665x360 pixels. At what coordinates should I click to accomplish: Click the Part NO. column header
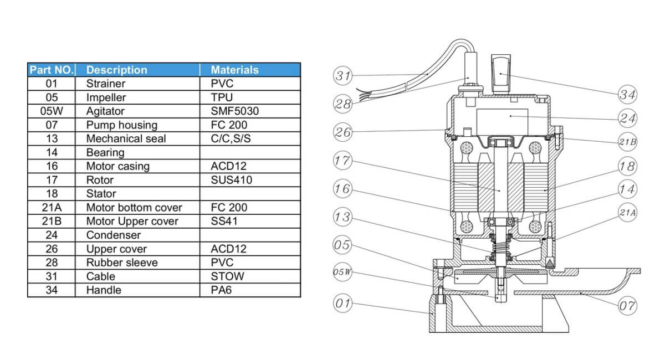[x=51, y=70]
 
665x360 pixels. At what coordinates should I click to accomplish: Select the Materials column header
[x=234, y=70]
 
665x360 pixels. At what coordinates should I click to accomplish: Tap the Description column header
[x=117, y=70]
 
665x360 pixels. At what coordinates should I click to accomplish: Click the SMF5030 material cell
[x=234, y=111]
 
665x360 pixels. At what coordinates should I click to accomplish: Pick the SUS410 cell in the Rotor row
[x=232, y=180]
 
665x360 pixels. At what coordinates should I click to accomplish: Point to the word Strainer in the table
[x=106, y=84]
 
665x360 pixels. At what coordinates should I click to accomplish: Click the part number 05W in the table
[x=51, y=111]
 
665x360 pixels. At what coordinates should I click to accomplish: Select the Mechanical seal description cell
[x=126, y=138]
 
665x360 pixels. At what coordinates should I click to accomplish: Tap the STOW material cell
[x=227, y=276]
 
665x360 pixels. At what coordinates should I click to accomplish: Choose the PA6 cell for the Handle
[x=221, y=290]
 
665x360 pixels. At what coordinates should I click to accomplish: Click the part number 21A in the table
[x=51, y=207]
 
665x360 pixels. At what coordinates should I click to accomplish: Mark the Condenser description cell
[x=113, y=235]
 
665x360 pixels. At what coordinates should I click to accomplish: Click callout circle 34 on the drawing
[x=628, y=95]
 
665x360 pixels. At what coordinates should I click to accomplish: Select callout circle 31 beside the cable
[x=342, y=75]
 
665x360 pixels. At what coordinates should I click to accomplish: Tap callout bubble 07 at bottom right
[x=628, y=305]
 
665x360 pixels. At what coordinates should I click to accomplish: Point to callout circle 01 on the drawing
[x=342, y=303]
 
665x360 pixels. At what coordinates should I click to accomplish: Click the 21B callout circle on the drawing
[x=628, y=142]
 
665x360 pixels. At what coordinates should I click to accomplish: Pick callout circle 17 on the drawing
[x=342, y=161]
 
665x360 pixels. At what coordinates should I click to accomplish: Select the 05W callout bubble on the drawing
[x=342, y=272]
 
